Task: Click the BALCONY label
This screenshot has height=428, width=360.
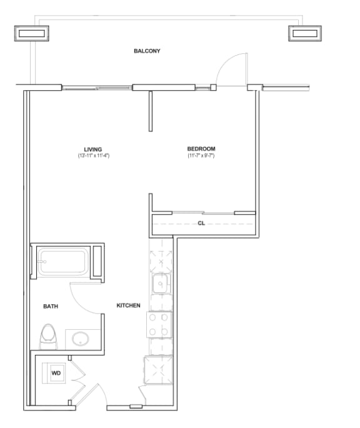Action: (147, 51)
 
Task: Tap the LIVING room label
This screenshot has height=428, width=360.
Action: (94, 149)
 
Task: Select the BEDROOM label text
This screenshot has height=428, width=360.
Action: (201, 148)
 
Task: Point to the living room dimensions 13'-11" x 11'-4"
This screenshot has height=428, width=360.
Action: (94, 155)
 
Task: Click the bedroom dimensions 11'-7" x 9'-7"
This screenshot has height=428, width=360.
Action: (201, 155)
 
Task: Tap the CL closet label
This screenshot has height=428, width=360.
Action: (201, 223)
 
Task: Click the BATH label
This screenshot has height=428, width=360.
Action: (51, 307)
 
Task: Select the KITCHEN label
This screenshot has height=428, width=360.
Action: (128, 305)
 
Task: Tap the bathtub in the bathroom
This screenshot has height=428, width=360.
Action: (62, 262)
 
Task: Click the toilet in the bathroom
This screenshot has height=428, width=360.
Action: (48, 337)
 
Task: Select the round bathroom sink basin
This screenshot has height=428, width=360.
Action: (81, 340)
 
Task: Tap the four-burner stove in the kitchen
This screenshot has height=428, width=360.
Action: (159, 324)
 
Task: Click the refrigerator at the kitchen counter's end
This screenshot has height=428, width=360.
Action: (158, 369)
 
